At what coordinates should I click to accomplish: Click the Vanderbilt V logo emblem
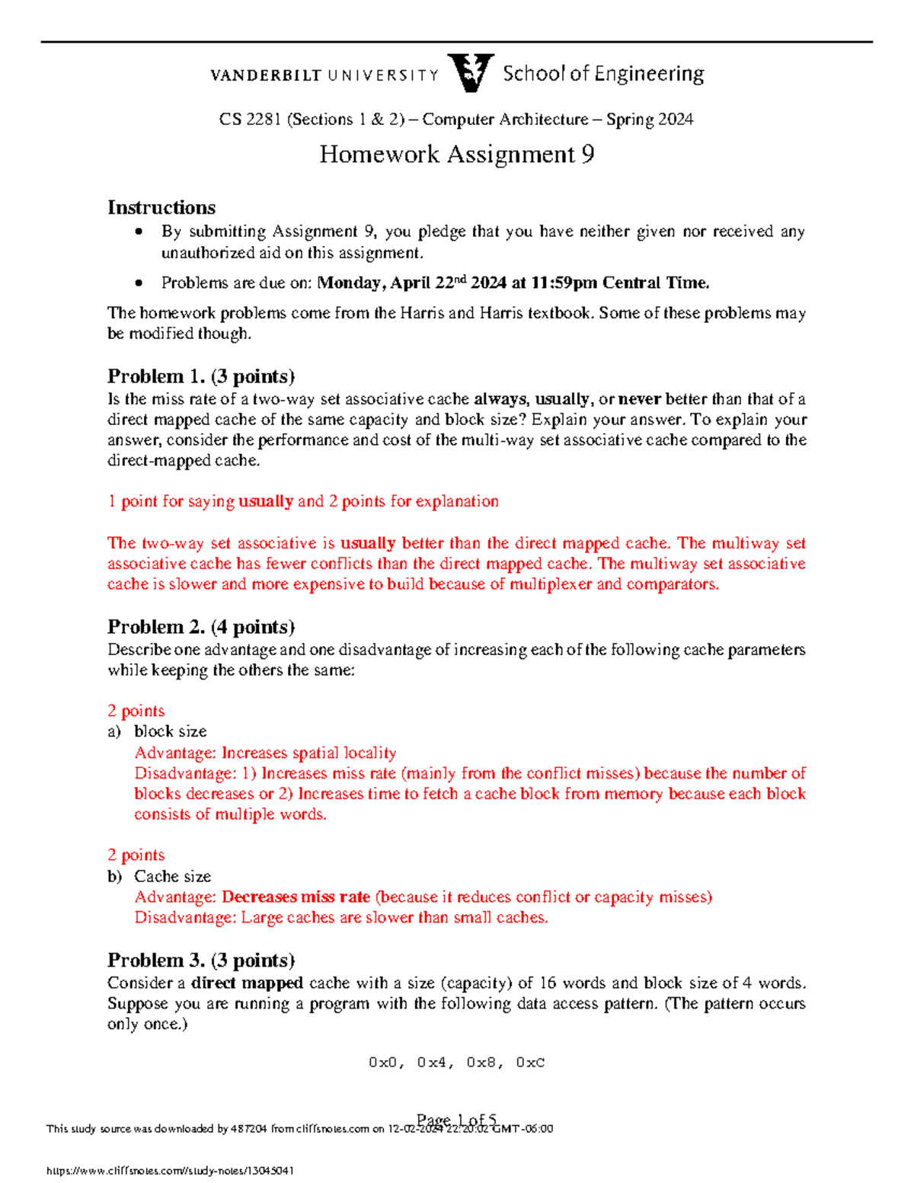click(x=471, y=73)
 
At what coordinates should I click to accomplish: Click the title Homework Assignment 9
click(x=456, y=155)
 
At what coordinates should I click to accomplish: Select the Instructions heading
click(x=161, y=208)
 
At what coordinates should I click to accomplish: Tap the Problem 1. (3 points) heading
click(x=201, y=376)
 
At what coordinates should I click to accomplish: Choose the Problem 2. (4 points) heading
click(x=201, y=627)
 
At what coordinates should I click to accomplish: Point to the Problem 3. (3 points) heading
click(x=201, y=960)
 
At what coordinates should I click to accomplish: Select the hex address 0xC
click(x=530, y=1063)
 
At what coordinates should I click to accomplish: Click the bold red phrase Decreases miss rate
click(x=296, y=897)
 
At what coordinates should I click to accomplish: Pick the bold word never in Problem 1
click(x=640, y=399)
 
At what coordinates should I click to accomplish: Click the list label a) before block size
click(x=114, y=732)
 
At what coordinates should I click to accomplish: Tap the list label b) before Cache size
click(x=114, y=877)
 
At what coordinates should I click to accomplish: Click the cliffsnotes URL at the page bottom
click(x=171, y=1170)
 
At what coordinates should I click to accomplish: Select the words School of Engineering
click(x=603, y=74)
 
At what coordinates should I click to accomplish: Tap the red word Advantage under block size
click(x=175, y=753)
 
